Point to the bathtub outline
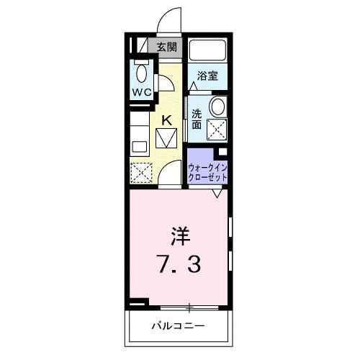pyautogui.click(x=208, y=51)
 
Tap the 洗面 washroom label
pyautogui.click(x=197, y=119)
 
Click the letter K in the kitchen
pyautogui.click(x=166, y=120)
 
